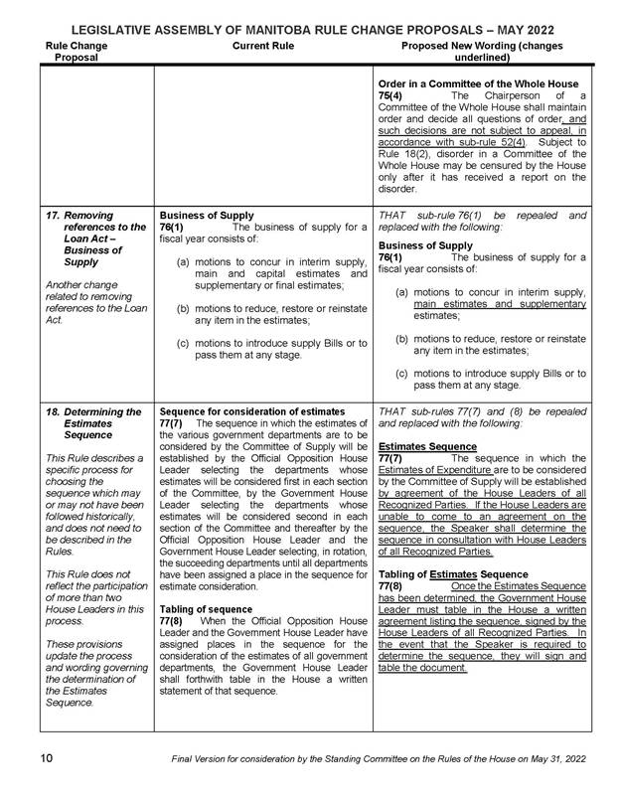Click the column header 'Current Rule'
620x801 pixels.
point(262,46)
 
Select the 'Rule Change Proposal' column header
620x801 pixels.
point(76,52)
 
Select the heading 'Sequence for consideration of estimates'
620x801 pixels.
point(251,411)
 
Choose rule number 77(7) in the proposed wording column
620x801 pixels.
point(390,458)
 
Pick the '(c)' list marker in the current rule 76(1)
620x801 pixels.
point(184,343)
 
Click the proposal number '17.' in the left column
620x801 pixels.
point(56,214)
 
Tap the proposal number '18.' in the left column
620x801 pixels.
point(56,411)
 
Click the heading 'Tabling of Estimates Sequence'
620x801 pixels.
point(458,574)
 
